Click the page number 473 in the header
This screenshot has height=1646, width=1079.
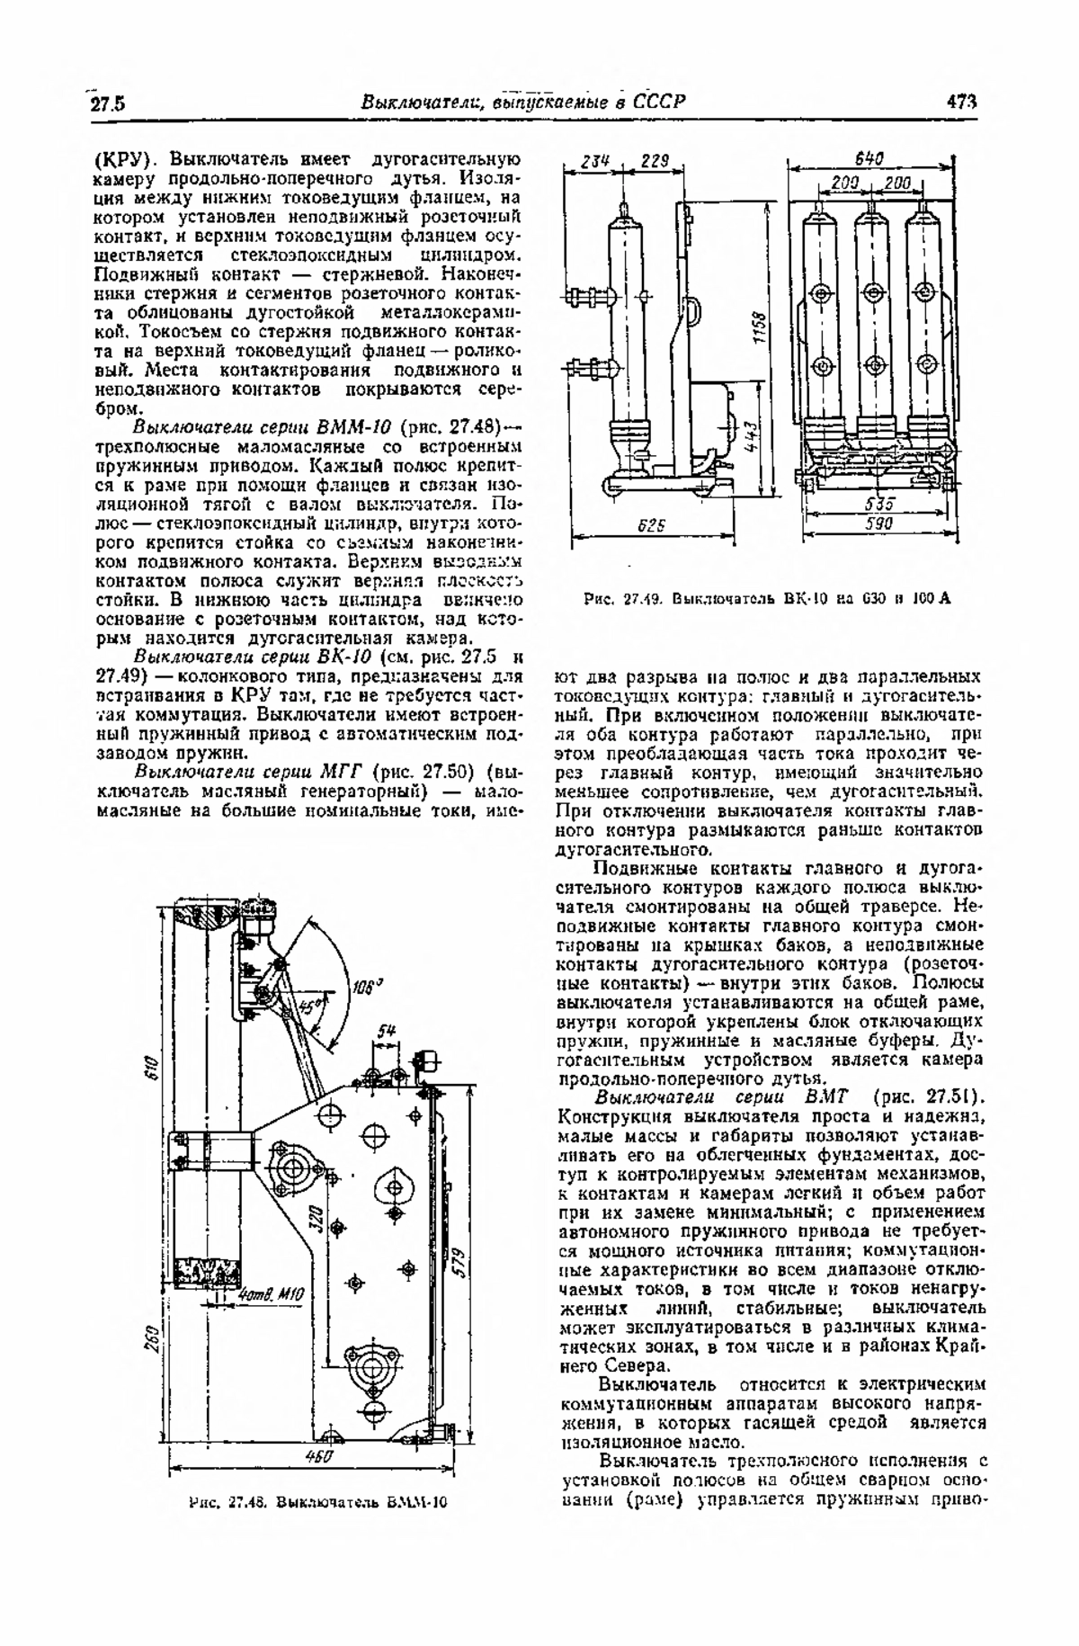click(961, 102)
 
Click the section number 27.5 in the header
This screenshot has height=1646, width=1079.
click(107, 103)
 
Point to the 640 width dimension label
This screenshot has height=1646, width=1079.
click(868, 158)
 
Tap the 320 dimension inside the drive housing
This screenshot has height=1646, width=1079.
click(317, 1219)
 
